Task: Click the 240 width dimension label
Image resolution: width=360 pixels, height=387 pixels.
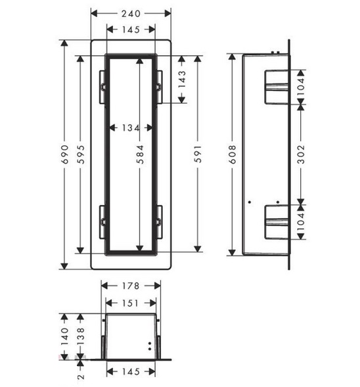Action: [x=131, y=14]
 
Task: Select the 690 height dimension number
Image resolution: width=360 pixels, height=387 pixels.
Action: [x=64, y=154]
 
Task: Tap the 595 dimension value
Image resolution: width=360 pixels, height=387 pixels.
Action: [x=81, y=154]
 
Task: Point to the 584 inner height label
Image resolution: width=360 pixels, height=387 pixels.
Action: [x=140, y=154]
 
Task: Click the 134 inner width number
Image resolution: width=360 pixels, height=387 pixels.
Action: [x=131, y=128]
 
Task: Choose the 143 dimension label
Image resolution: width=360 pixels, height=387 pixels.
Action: [x=182, y=80]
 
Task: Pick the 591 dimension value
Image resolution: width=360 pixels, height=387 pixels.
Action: [x=198, y=154]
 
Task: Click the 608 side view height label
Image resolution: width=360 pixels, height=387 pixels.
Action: [x=232, y=154]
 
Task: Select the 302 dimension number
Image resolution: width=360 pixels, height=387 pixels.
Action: [x=301, y=154]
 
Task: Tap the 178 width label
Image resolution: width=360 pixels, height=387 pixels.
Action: [x=131, y=286]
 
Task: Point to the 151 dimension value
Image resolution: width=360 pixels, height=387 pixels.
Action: [x=131, y=303]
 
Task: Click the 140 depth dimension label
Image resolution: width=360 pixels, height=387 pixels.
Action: [x=64, y=336]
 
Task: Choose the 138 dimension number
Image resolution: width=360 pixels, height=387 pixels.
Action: [x=81, y=336]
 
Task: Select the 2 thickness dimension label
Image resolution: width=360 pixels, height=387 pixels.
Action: [x=81, y=376]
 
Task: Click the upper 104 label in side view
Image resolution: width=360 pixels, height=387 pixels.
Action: [x=301, y=87]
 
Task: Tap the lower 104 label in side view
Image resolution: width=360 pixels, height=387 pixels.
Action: [x=301, y=222]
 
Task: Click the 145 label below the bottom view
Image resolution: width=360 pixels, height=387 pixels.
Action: [x=131, y=372]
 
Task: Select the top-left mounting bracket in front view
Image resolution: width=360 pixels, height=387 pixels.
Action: [x=102, y=87]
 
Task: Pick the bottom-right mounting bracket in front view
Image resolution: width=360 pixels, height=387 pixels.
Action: [x=159, y=222]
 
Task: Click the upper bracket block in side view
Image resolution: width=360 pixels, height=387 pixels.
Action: [x=277, y=87]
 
